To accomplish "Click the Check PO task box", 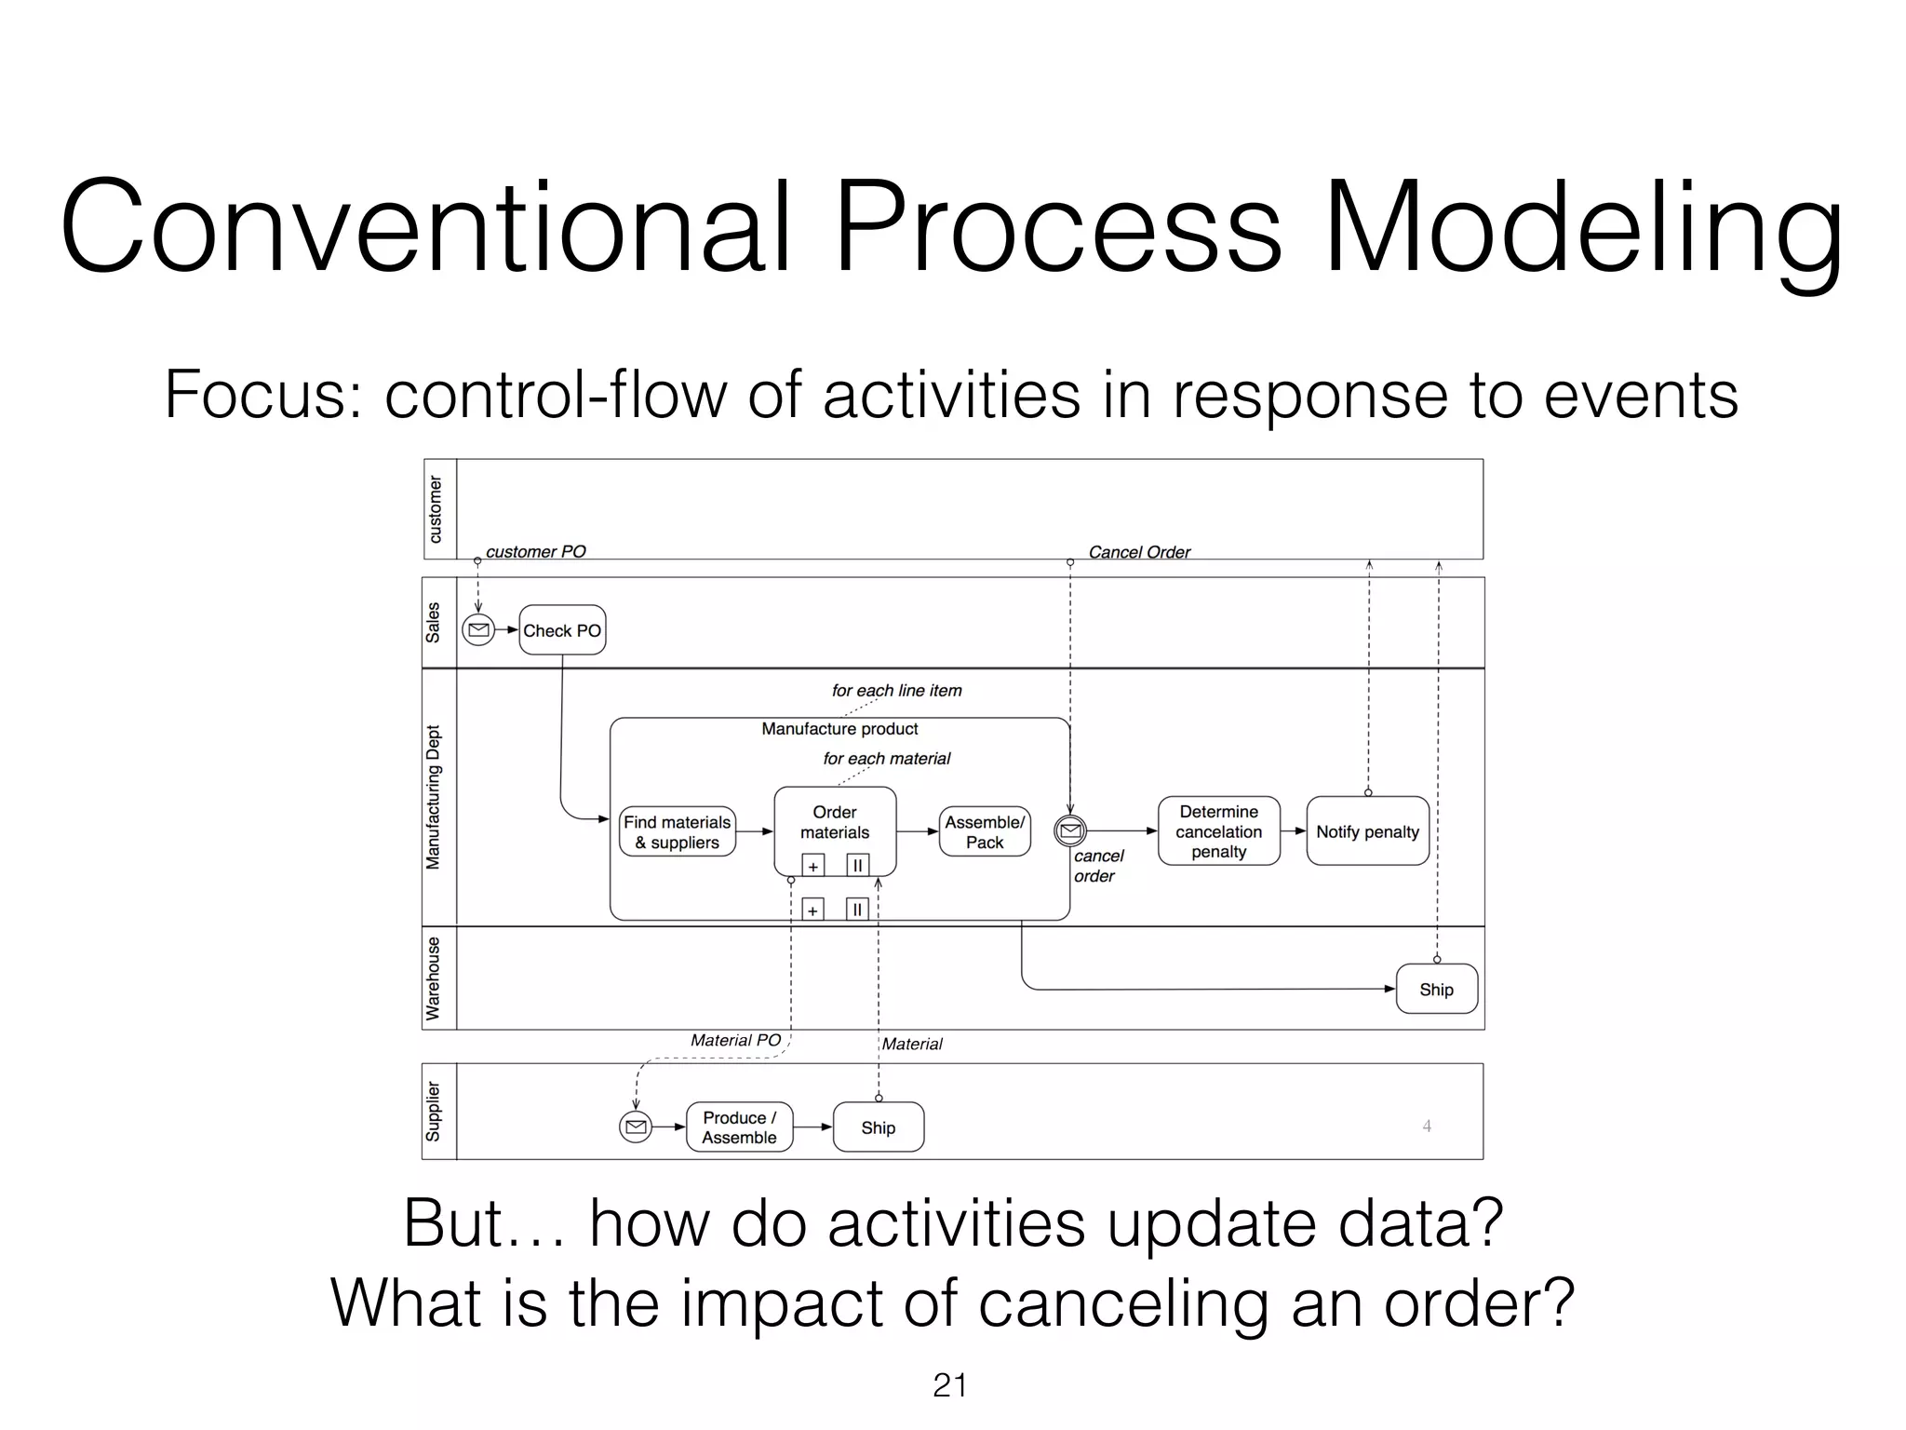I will click(x=562, y=630).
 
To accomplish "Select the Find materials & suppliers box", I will click(x=677, y=832).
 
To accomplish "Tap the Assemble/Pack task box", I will click(x=985, y=832).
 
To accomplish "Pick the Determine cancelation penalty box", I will click(x=1218, y=831).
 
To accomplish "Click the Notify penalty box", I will click(x=1367, y=831).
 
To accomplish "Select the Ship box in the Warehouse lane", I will click(x=1436, y=990).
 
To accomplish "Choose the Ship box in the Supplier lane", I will click(x=878, y=1127).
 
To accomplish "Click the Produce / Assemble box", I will click(x=739, y=1127).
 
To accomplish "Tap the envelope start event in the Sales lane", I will click(x=478, y=630).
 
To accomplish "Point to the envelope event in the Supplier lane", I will click(x=636, y=1127).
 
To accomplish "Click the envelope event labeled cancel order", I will click(x=1070, y=830).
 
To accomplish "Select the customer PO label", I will click(x=535, y=551).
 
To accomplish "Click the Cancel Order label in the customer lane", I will click(x=1139, y=552).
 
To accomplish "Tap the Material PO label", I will click(x=735, y=1040).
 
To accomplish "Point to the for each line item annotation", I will click(x=896, y=691).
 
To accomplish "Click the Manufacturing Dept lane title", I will click(x=434, y=797).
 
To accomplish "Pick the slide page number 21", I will click(x=949, y=1385).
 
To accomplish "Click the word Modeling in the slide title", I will click(x=1582, y=228).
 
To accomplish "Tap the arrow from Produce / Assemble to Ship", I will click(x=812, y=1127).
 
